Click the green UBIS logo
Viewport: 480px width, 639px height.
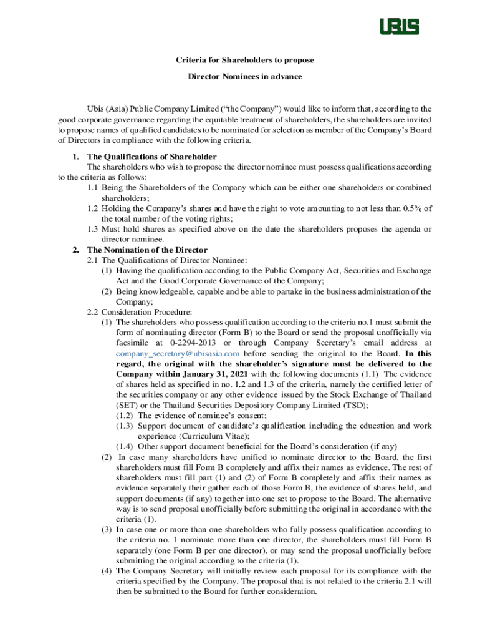400,27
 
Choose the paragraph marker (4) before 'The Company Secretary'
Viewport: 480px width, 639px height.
107,570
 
